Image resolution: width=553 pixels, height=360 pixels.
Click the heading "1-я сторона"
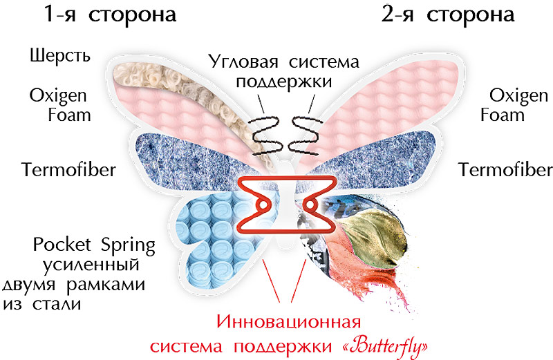pos(110,15)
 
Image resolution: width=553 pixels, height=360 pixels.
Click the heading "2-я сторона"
pos(447,15)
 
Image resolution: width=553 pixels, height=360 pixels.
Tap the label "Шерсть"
pos(60,56)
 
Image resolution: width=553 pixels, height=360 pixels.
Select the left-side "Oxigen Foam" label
pos(60,105)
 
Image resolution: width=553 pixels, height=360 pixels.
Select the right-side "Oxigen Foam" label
pos(514,105)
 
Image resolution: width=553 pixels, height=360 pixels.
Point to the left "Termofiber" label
pos(68,169)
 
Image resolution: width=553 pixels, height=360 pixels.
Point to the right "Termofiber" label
pos(505,169)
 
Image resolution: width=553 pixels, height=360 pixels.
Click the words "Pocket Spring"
pos(94,245)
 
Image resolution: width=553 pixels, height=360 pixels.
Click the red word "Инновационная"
pos(289,321)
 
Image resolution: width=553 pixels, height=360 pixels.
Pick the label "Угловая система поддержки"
pos(284,72)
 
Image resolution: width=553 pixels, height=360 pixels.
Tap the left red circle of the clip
pos(263,205)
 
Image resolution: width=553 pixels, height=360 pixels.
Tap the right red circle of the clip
pos(310,205)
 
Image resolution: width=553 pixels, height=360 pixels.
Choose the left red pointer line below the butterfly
pos(272,281)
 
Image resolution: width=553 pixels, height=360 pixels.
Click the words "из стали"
pos(42,303)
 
